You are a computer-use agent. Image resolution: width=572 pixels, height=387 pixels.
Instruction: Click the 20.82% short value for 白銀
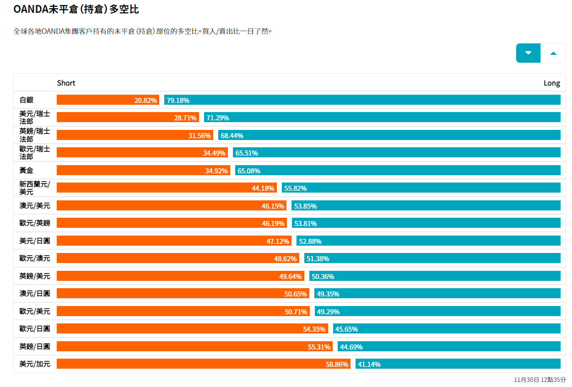[x=146, y=100]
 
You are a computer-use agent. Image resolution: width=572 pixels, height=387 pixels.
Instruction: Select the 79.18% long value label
[x=178, y=100]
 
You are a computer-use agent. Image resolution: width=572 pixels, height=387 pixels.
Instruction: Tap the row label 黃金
[x=27, y=171]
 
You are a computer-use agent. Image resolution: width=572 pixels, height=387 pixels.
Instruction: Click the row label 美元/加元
[x=35, y=364]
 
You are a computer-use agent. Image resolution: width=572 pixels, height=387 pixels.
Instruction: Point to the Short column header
[x=66, y=83]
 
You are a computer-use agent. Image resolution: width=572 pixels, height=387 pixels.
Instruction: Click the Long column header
[x=551, y=83]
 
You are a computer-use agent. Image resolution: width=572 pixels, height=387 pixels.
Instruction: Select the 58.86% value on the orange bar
[x=337, y=364]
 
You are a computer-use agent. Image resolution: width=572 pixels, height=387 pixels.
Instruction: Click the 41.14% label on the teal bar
[x=369, y=364]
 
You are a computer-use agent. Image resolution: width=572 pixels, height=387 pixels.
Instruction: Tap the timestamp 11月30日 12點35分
[x=540, y=380]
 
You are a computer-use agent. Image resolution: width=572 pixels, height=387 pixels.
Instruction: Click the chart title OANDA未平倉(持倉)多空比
[x=76, y=9]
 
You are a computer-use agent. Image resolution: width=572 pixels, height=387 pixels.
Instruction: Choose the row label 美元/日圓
[x=35, y=241]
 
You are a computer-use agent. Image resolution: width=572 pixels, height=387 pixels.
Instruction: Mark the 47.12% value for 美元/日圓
[x=278, y=241]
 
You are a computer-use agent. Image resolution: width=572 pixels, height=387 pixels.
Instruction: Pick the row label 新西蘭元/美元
[x=35, y=188]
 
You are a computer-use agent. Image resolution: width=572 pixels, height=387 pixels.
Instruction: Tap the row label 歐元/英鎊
[x=35, y=223]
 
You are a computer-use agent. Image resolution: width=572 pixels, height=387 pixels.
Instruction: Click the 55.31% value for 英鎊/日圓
[x=319, y=347]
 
